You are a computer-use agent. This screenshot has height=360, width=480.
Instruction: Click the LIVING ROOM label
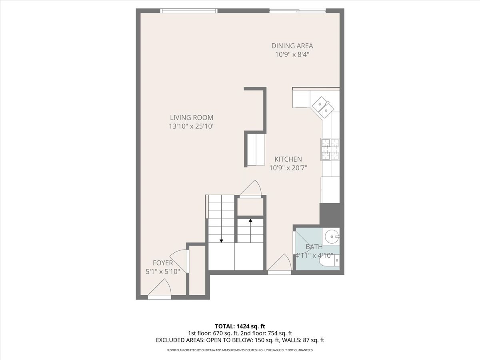pos(192,118)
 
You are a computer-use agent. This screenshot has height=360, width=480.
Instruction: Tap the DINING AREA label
pos(292,46)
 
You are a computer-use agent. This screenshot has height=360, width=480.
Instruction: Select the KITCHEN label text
pos(288,159)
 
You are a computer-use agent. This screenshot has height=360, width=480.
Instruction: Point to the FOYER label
pos(163,263)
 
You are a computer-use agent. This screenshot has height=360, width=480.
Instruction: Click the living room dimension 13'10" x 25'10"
pos(192,126)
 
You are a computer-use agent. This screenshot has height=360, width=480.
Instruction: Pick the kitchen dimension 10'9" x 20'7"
pos(288,168)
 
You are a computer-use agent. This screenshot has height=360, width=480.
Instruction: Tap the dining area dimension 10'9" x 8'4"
pos(292,55)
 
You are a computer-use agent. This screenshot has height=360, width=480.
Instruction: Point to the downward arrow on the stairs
pos(221,240)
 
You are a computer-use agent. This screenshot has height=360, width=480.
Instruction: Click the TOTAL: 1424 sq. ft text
pos(240,326)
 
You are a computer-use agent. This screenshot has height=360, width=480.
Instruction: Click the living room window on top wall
pos(189,11)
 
